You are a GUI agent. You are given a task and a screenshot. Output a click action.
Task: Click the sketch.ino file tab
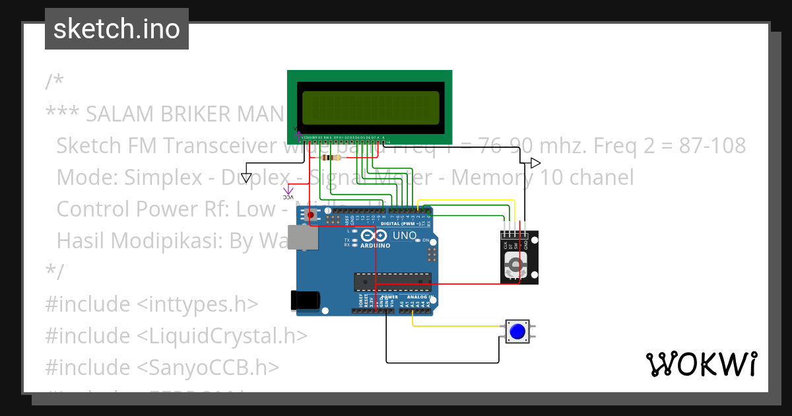point(117,29)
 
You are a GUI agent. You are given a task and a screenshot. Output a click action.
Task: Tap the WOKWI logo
point(701,364)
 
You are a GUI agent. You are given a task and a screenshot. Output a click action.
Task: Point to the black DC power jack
point(306,300)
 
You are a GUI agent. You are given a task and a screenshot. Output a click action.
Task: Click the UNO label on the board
point(405,236)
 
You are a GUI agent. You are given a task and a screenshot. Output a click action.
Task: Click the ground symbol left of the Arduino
point(246,177)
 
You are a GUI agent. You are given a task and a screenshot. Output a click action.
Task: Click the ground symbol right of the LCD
point(535,163)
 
